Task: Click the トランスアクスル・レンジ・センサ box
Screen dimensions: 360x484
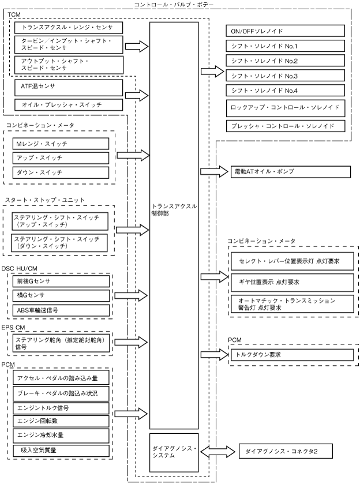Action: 69,28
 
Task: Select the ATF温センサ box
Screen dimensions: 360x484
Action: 69,88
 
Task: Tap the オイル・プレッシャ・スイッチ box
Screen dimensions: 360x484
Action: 69,105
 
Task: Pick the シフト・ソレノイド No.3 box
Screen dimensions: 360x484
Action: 285,76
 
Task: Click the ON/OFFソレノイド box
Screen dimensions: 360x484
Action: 285,31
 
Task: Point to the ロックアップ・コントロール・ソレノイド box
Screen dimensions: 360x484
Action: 286,108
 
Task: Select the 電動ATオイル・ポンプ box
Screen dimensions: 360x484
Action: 291,172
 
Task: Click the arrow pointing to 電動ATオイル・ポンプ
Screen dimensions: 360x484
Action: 214,172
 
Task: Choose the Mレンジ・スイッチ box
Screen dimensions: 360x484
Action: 61,144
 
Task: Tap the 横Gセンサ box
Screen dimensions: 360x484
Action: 61,295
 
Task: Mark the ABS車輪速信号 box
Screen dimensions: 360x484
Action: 61,310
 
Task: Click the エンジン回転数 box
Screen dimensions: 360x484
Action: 61,421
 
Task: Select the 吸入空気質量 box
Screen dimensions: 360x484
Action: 61,451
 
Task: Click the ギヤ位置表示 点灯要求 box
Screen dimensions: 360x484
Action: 292,283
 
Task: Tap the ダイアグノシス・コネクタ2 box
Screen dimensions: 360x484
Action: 286,451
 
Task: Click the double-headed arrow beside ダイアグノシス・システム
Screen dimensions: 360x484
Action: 217,452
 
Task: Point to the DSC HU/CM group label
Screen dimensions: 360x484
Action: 20,269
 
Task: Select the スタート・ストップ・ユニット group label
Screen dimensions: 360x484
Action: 45,200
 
